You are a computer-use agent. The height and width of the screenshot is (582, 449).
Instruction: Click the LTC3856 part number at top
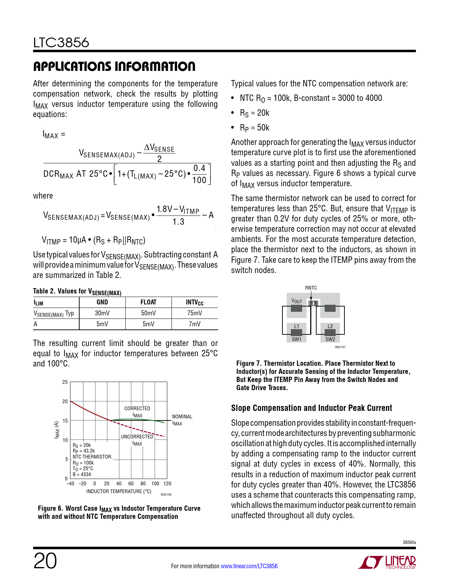pos(61,43)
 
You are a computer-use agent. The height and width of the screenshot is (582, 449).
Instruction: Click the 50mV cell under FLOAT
pos(148,313)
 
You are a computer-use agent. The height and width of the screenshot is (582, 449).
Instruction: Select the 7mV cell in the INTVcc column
pos(194,324)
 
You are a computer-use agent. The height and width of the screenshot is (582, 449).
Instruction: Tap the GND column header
pos(102,302)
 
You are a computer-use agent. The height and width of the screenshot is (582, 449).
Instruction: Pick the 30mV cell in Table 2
pos(102,313)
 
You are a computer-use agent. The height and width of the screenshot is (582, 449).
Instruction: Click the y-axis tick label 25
pos(65,382)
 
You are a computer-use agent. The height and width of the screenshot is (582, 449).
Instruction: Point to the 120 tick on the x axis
pos(167,484)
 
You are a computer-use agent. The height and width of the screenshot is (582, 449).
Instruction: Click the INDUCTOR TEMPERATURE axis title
pos(119,491)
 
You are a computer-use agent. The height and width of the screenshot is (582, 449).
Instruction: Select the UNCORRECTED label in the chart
pos(137,437)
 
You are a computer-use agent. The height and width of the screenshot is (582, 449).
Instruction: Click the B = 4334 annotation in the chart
pos(82,474)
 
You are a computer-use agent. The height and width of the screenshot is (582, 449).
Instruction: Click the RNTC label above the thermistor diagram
pos(311,288)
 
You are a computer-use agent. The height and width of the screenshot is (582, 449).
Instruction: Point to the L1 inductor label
pos(297,326)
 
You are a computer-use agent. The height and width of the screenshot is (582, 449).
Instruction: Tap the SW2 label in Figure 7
pos(330,339)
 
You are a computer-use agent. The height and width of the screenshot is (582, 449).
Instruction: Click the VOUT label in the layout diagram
pos(297,301)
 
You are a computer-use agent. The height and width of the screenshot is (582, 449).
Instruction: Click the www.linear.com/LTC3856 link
pos(249,566)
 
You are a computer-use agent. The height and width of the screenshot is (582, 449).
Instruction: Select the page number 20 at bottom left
pos(45,561)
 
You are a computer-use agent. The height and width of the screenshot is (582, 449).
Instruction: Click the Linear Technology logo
pos(387,562)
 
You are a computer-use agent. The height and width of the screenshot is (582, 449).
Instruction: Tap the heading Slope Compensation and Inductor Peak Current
pos(311,408)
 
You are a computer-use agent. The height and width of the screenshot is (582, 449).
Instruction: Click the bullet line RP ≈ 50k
pos(254,128)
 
